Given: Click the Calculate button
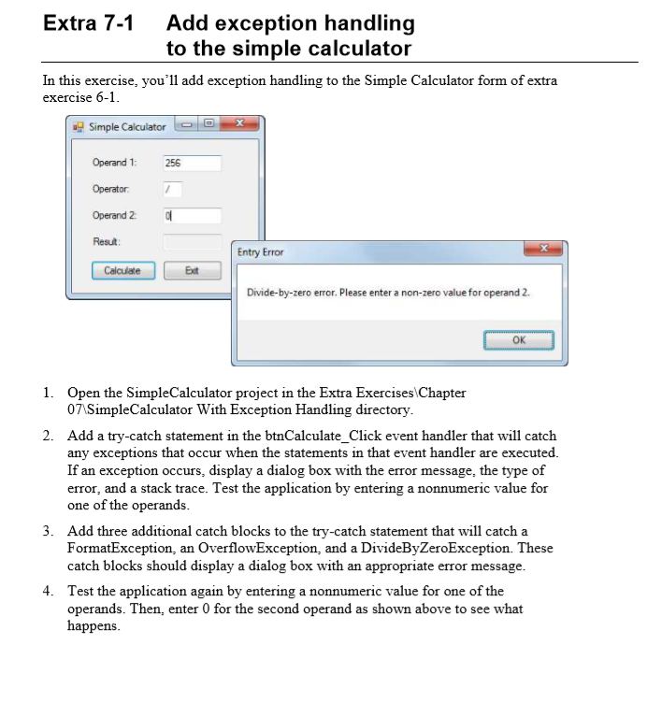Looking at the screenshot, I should (x=122, y=271).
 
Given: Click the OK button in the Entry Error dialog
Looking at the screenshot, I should (x=518, y=340).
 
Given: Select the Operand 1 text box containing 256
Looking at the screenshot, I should (x=192, y=163).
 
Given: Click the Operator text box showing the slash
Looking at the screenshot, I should (x=172, y=189).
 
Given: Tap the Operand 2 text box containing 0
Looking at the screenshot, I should (x=192, y=216).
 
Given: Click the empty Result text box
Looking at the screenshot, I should (x=192, y=242).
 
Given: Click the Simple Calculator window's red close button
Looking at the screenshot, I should (x=241, y=125).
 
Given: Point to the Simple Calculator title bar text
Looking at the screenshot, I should (x=127, y=126).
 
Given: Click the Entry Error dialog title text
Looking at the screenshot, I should (x=260, y=252).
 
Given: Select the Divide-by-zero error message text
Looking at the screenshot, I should (x=388, y=293).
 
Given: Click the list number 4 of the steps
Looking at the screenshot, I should (x=47, y=591).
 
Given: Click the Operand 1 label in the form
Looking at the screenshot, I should (x=114, y=163).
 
